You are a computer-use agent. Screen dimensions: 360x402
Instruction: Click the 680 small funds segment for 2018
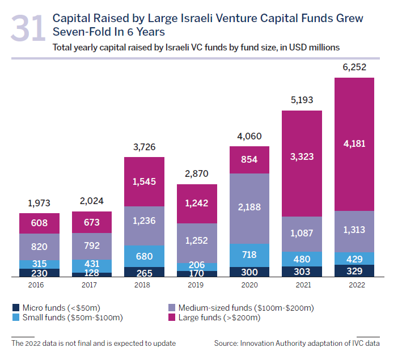[144, 256]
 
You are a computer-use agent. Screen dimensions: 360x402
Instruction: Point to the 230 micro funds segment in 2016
[39, 272]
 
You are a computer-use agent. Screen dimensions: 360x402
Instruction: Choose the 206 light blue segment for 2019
[197, 266]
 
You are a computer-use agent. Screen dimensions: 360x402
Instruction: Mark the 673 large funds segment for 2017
[92, 223]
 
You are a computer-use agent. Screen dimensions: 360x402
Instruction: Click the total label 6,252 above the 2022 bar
[354, 67]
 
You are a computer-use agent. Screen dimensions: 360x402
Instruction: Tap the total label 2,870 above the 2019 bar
[197, 174]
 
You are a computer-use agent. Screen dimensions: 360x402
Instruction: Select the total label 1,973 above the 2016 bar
[39, 203]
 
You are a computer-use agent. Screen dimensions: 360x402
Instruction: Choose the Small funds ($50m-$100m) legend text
[73, 318]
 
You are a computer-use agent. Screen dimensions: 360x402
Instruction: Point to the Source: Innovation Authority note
[297, 343]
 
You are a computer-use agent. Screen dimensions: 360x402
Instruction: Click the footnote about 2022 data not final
[94, 343]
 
